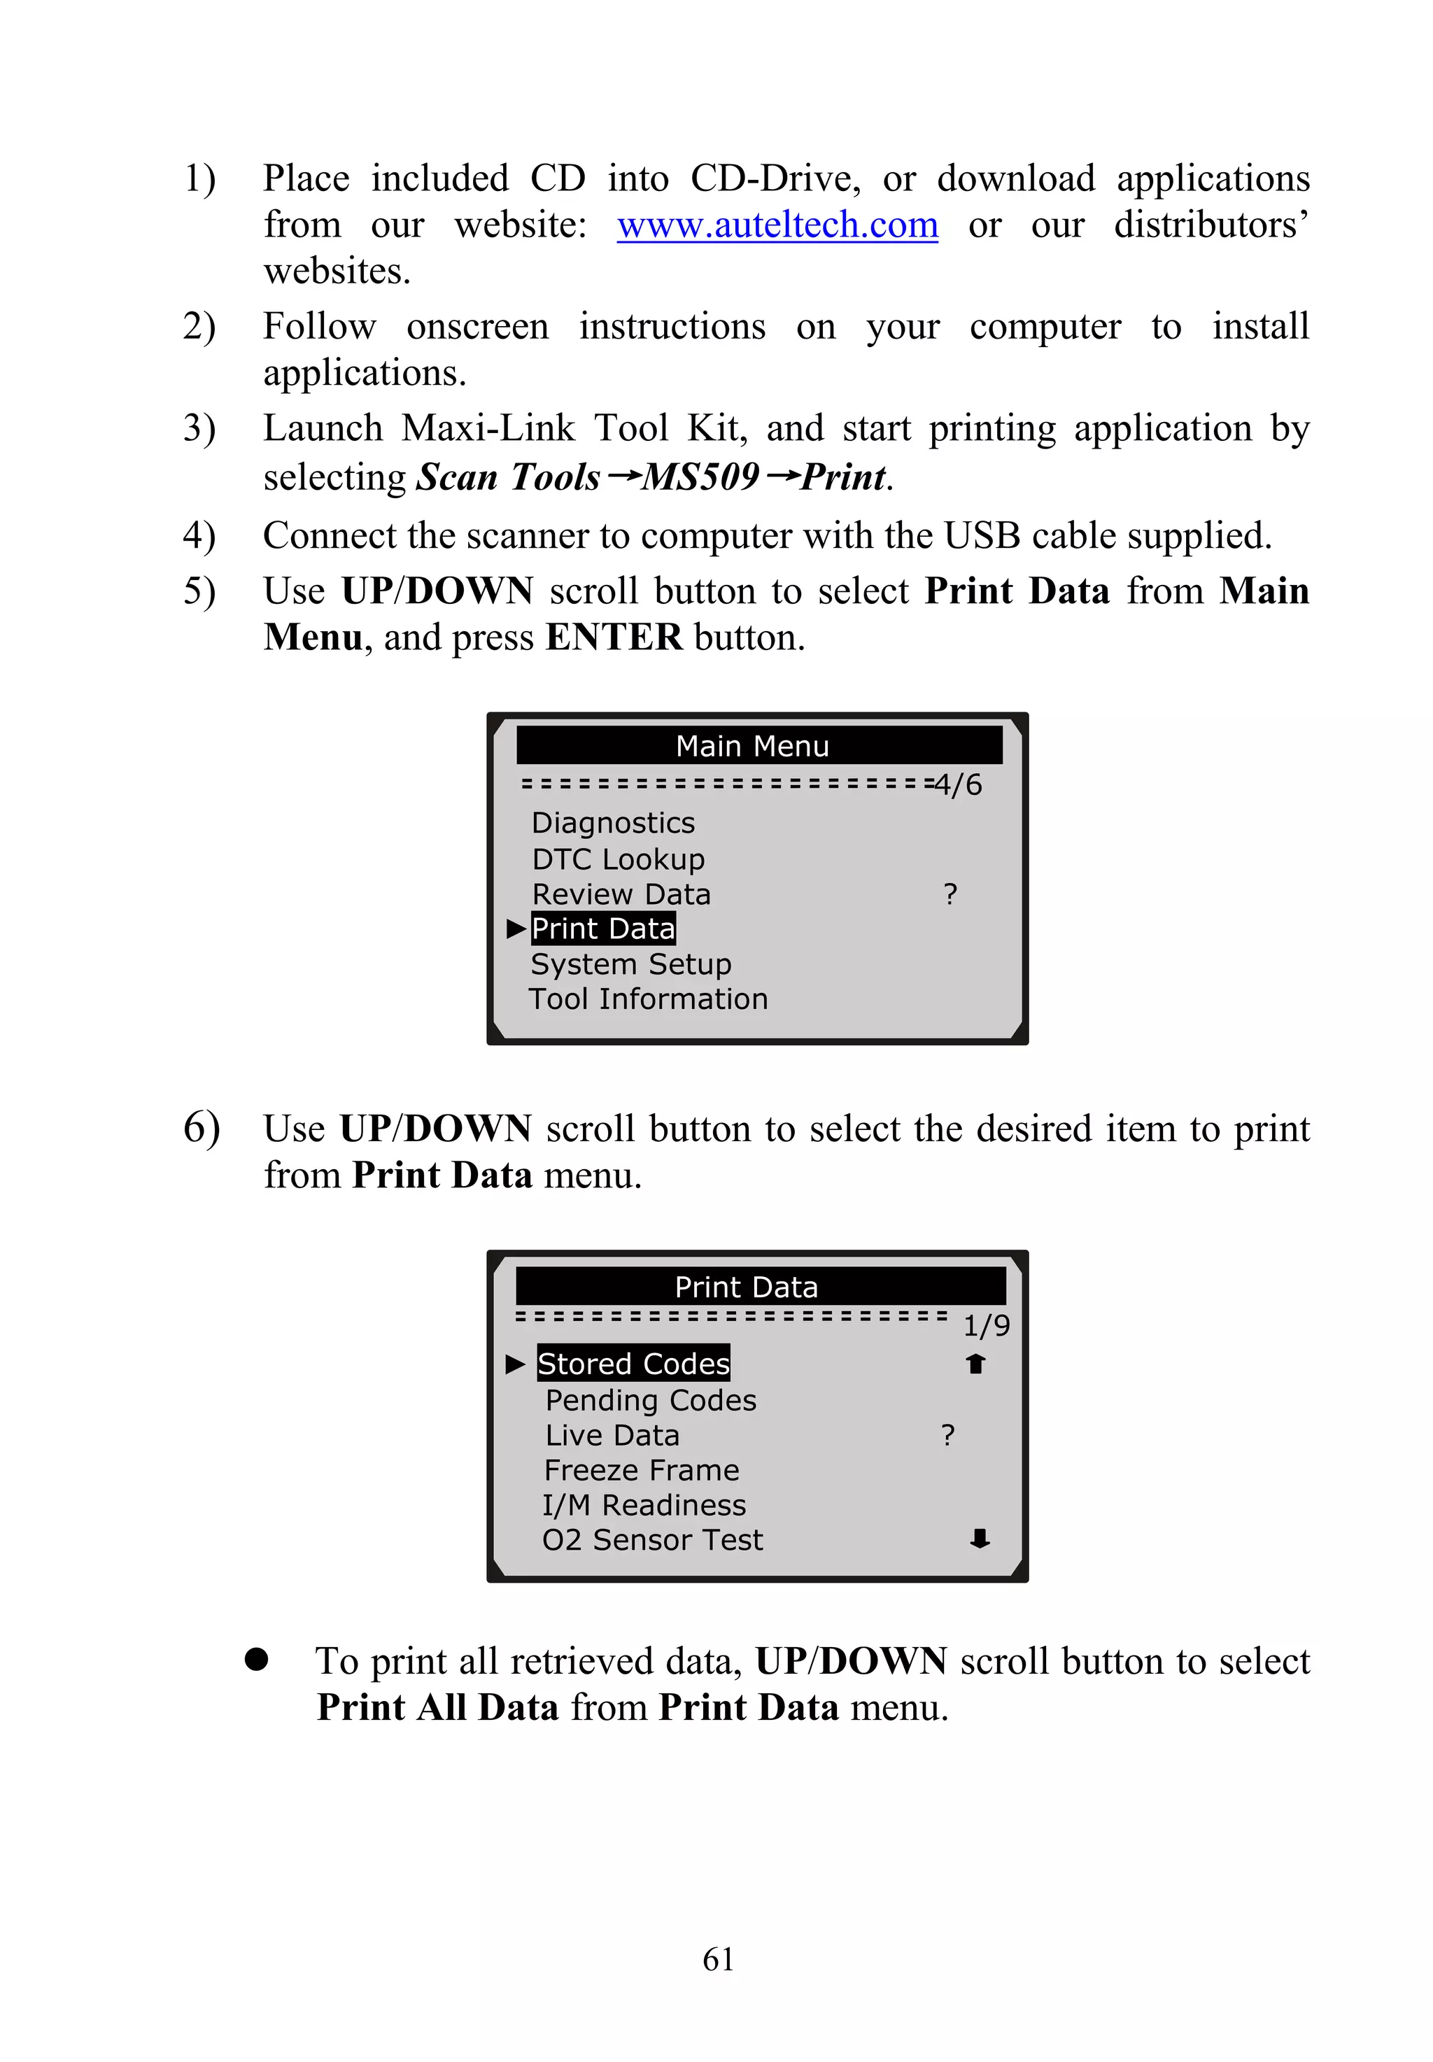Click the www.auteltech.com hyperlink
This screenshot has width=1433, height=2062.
click(x=777, y=225)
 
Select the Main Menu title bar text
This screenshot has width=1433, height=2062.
click(x=751, y=746)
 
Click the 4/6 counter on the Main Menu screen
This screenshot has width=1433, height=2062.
click(x=958, y=784)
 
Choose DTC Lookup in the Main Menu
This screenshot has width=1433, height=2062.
click(x=618, y=859)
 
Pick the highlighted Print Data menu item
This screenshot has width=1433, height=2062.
click(x=602, y=928)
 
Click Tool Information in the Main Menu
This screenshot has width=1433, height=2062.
click(x=647, y=998)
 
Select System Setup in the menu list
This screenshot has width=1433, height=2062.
click(x=630, y=963)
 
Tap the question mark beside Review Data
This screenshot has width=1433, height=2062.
click(x=950, y=894)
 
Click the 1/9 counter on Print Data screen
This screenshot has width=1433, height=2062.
click(x=986, y=1326)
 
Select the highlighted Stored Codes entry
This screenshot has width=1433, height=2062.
click(x=633, y=1364)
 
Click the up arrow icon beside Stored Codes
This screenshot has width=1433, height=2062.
click(x=976, y=1364)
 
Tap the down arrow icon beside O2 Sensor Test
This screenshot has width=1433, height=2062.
click(x=980, y=1539)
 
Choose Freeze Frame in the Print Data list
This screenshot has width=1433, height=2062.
click(x=641, y=1469)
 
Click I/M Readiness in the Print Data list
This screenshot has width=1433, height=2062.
click(x=644, y=1504)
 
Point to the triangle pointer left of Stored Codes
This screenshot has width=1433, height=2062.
click(x=514, y=1364)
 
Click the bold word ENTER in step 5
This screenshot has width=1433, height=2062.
click(x=614, y=637)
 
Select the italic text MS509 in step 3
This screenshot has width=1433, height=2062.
click(x=700, y=476)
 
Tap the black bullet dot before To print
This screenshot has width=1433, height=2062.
click(x=257, y=1659)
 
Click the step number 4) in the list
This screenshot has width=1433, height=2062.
click(x=199, y=536)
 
